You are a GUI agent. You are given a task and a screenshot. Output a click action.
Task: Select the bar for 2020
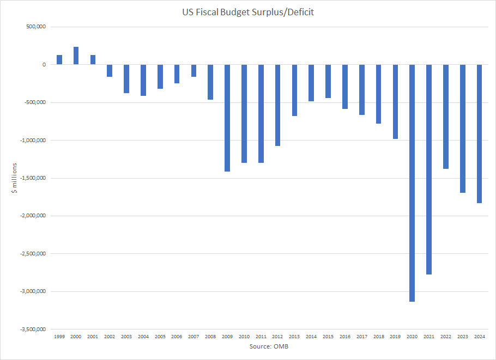[x=412, y=182]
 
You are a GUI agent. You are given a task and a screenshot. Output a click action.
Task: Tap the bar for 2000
[x=76, y=56]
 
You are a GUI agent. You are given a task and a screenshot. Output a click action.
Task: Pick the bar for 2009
[x=227, y=118]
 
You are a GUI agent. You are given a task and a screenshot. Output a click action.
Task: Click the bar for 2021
[x=429, y=169]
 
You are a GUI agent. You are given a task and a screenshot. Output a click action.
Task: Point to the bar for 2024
[x=479, y=133]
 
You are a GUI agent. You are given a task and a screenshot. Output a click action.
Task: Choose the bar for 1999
[x=59, y=60]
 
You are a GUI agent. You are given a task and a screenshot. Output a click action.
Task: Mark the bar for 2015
[x=328, y=81]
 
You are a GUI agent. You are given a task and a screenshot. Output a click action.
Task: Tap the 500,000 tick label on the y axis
[x=35, y=27]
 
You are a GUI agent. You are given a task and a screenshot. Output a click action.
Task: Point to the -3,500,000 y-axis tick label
[x=32, y=330]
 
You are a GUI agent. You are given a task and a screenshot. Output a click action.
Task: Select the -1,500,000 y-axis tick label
[x=32, y=178]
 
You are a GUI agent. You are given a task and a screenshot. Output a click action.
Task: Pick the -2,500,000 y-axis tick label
[x=32, y=254]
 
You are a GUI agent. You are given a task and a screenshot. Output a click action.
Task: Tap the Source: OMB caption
[x=269, y=347]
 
